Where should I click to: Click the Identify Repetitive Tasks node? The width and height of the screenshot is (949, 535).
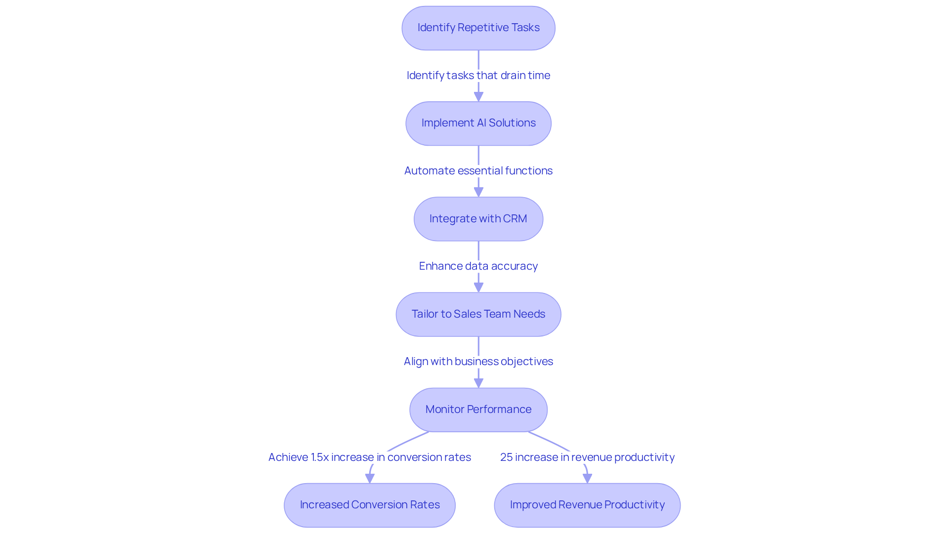tap(478, 28)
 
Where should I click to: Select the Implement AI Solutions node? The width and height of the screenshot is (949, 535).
tap(478, 123)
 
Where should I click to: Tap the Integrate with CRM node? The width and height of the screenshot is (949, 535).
tap(478, 219)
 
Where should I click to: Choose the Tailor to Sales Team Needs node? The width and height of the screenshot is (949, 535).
tap(478, 314)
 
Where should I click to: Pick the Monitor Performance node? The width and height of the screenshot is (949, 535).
tap(478, 410)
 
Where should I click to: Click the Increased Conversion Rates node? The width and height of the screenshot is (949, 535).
tap(369, 505)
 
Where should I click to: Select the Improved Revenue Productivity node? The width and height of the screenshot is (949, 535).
tap(587, 505)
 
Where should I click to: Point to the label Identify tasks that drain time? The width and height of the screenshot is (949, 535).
tap(478, 75)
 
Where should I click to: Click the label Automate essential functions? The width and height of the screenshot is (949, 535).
tap(478, 170)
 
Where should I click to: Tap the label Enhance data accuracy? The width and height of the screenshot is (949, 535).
tap(478, 266)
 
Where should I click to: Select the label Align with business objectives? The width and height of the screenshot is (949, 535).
tap(478, 361)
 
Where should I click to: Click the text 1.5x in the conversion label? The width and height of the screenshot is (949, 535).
tap(319, 457)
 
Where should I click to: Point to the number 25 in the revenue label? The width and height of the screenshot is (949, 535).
tap(506, 457)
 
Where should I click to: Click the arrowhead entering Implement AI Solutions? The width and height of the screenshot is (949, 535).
tap(478, 97)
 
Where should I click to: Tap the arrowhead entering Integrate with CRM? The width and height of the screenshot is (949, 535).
tap(478, 192)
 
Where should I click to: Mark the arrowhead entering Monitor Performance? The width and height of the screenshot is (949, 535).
tap(478, 383)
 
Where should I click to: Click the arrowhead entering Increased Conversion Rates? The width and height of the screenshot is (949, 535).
tap(370, 478)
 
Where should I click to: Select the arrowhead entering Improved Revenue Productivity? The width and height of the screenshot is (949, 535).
tap(587, 478)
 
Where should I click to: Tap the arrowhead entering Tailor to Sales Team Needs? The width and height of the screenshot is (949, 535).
tap(478, 288)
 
